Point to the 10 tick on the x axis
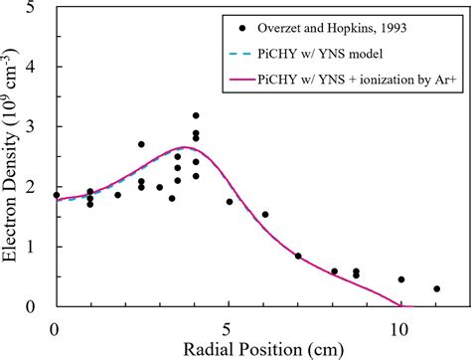(x=401, y=326)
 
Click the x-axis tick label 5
(x=229, y=326)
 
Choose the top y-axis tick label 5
(x=36, y=10)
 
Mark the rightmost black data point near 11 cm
(x=436, y=289)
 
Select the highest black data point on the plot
(x=196, y=116)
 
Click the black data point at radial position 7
(x=298, y=256)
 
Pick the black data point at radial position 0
(x=56, y=195)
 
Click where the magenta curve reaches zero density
(x=401, y=306)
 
